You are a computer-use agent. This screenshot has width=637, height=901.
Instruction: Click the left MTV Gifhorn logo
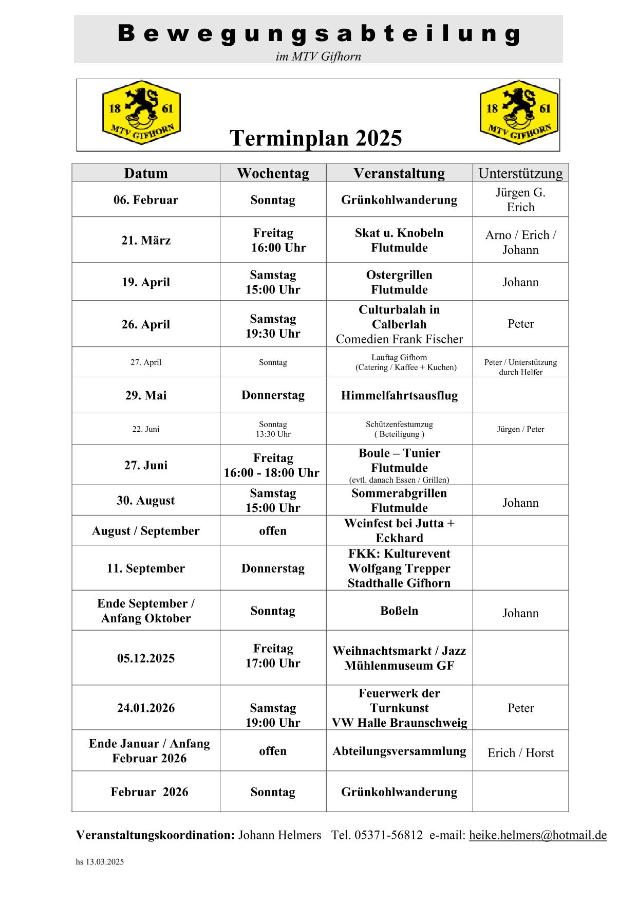[142, 113]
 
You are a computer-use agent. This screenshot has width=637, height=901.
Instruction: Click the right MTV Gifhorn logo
[519, 113]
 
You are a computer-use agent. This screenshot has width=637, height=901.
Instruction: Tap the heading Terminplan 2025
[315, 138]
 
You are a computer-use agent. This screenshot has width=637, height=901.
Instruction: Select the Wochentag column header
[273, 173]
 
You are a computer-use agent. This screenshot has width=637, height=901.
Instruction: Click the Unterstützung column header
[520, 173]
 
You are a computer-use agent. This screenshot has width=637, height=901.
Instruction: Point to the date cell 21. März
[146, 241]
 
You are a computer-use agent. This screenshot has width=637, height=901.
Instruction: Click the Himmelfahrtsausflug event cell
[399, 395]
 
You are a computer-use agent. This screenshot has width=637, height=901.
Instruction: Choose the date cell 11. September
[146, 568]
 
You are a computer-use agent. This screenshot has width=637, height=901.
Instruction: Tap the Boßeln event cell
[399, 611]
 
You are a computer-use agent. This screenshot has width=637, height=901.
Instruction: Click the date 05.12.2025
[146, 658]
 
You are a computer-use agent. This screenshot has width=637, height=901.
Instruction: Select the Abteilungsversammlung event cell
[399, 751]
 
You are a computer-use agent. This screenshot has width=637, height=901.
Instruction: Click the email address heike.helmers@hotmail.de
[538, 835]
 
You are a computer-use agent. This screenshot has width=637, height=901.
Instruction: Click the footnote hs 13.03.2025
[100, 862]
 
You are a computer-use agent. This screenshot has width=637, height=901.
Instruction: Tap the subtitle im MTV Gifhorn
[318, 57]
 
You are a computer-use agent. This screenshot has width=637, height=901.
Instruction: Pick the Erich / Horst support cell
[520, 753]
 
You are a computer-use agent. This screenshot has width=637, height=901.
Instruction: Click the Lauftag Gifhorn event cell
[399, 362]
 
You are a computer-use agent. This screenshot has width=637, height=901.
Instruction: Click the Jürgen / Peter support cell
[520, 429]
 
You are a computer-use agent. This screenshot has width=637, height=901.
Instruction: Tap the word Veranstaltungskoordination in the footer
[155, 835]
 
